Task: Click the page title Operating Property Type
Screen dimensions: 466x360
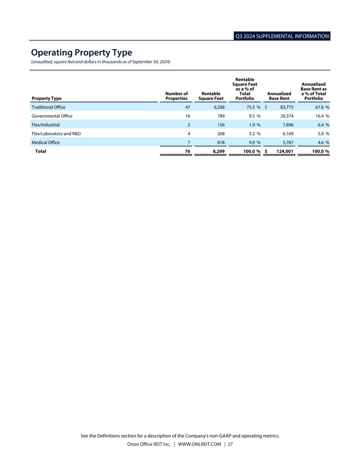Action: click(82, 53)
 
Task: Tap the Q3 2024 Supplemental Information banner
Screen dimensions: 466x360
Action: click(282, 36)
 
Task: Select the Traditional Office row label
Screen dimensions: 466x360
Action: click(48, 107)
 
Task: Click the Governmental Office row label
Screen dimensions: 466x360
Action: click(52, 116)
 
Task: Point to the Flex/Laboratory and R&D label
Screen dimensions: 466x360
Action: click(56, 134)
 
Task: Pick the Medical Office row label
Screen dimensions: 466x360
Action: click(46, 143)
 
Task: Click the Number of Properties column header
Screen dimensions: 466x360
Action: click(176, 96)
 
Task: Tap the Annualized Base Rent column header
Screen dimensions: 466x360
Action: click(279, 96)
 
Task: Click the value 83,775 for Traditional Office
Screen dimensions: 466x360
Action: click(287, 107)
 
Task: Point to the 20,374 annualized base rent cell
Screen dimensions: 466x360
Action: click(287, 116)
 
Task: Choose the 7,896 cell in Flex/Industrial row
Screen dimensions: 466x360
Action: click(288, 125)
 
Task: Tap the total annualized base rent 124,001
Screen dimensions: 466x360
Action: click(285, 151)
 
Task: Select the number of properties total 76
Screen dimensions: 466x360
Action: click(188, 151)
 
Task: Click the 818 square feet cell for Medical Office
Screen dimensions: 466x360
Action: click(221, 143)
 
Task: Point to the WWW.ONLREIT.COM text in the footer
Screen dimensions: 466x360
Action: click(200, 444)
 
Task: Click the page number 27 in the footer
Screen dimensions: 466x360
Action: click(230, 444)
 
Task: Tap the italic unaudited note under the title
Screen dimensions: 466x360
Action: click(101, 62)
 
